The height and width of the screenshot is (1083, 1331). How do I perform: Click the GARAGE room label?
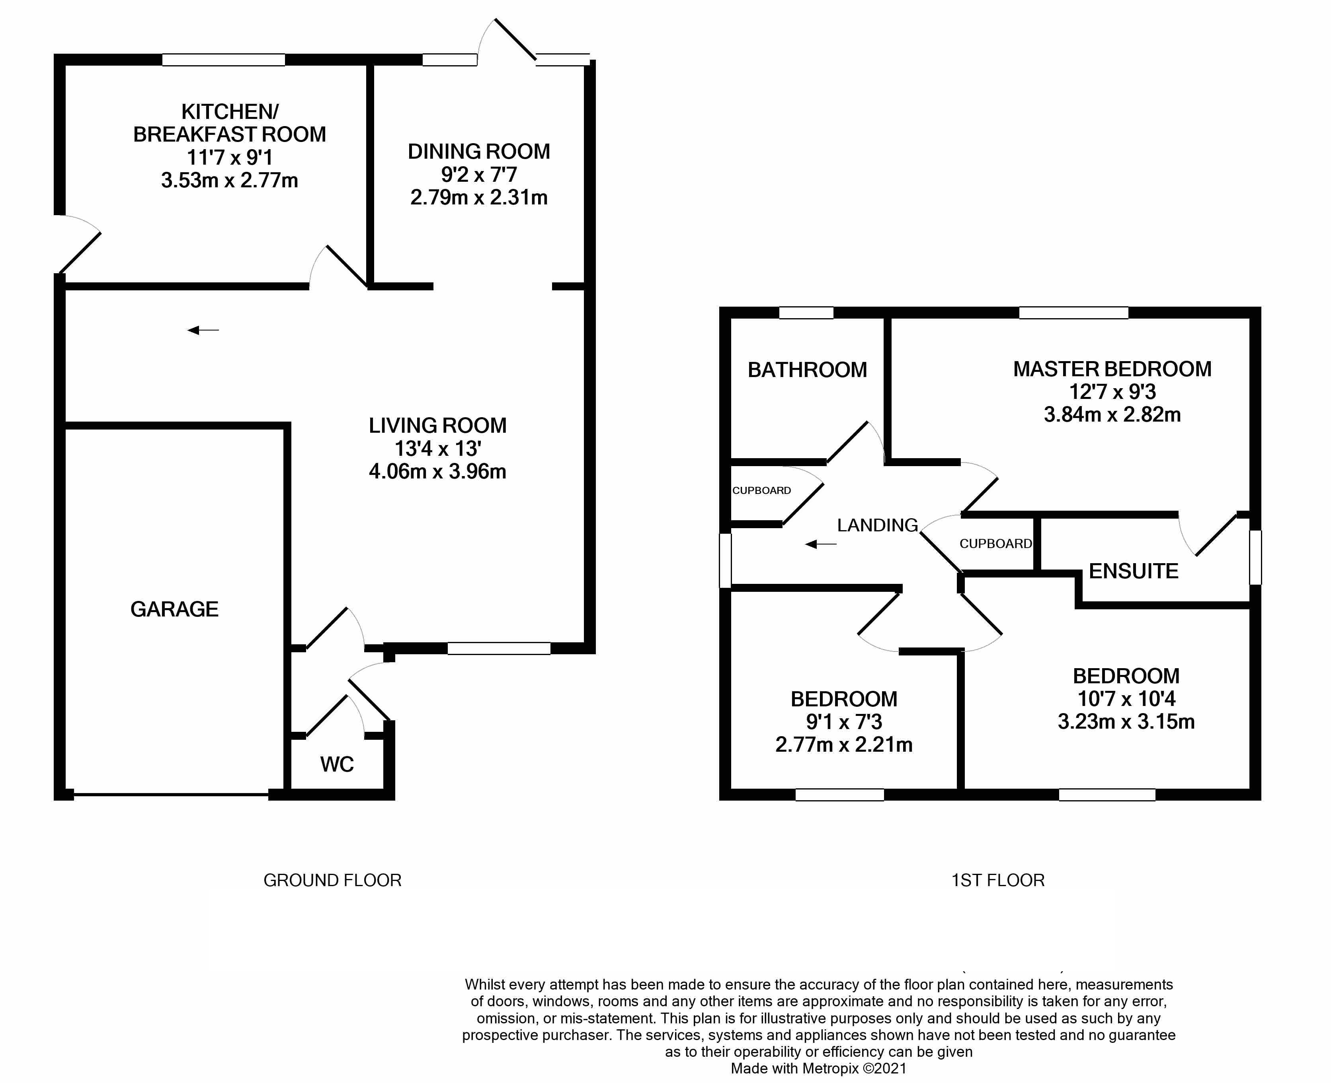coord(174,609)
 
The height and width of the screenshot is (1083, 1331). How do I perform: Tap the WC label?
coord(337,764)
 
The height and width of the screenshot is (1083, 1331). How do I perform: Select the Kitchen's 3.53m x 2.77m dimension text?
coord(229,180)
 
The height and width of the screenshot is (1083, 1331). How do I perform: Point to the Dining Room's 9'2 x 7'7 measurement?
coord(479,175)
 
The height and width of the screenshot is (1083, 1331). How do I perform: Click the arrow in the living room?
coord(203,330)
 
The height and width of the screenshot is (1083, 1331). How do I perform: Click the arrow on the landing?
coord(820,544)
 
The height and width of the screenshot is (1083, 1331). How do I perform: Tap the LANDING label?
coord(877,525)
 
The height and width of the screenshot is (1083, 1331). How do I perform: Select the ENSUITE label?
coord(1133,571)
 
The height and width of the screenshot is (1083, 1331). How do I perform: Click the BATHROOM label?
coord(807,370)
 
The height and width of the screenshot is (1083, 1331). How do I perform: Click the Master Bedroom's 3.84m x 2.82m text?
coord(1112,414)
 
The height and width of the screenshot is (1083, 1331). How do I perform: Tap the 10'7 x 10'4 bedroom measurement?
coord(1126,699)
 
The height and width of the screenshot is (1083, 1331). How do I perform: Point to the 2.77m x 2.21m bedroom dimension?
coord(843,744)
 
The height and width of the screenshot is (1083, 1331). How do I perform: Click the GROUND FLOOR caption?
coord(332,880)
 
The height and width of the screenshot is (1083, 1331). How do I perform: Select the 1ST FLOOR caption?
coord(997,880)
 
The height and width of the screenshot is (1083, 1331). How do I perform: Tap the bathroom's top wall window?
coord(806,313)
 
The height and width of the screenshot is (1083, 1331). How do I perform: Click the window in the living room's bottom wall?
coord(499,649)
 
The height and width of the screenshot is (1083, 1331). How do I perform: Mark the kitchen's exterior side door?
coord(78,245)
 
